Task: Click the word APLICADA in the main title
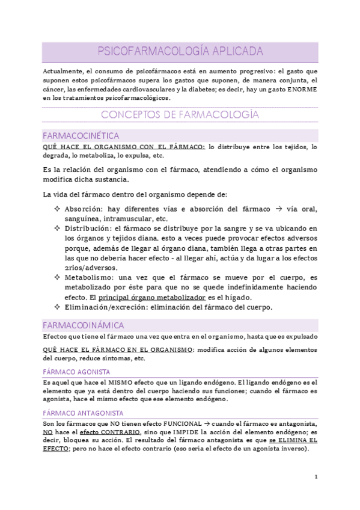(232, 52)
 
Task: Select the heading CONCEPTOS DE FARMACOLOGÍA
(180, 114)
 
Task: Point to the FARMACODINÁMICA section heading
(84, 325)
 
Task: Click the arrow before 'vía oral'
(279, 209)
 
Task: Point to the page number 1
(316, 476)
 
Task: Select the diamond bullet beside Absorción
(56, 209)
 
